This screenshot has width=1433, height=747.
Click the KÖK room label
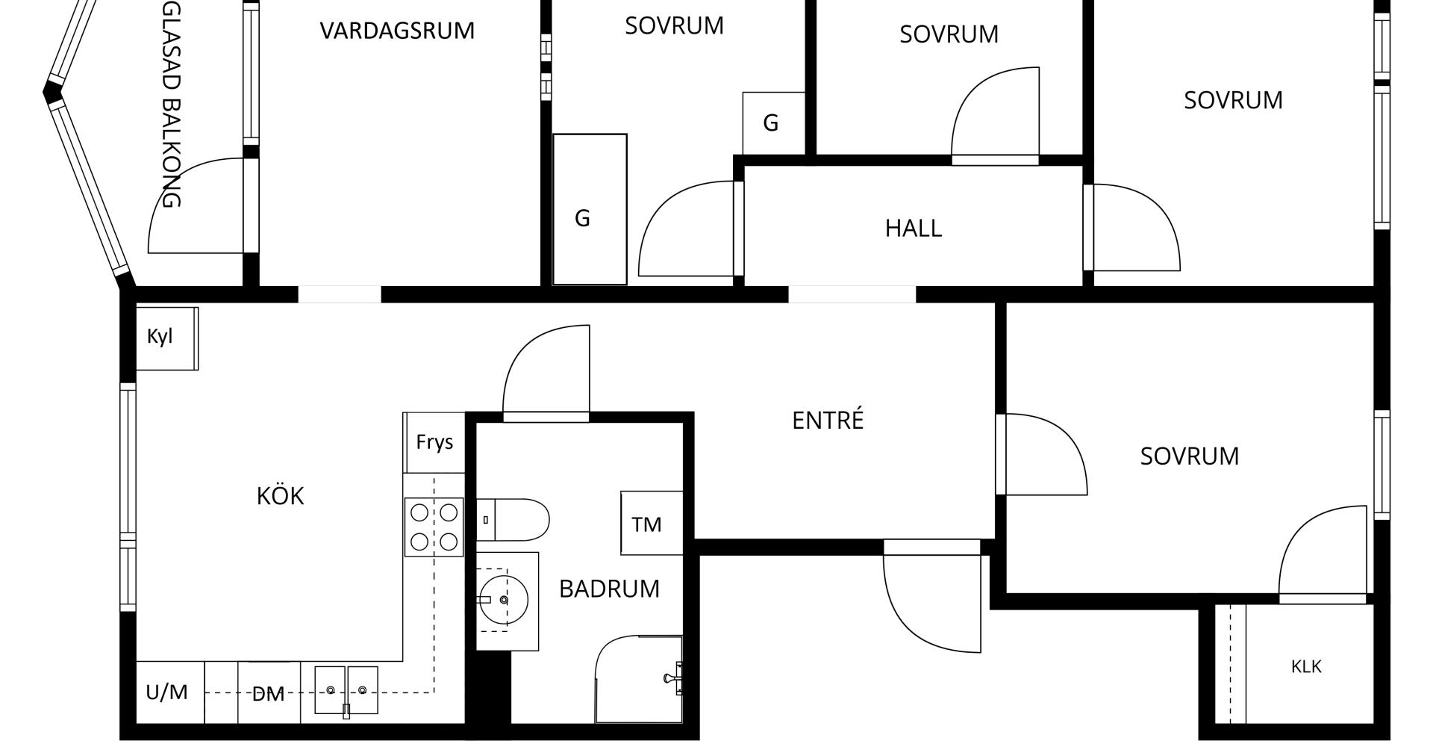pyautogui.click(x=280, y=495)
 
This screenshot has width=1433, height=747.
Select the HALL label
pyautogui.click(x=914, y=228)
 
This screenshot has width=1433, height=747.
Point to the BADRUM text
pyautogui.click(x=609, y=589)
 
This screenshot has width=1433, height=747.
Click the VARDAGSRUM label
pyautogui.click(x=397, y=31)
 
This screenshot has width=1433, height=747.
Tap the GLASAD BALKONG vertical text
pyautogui.click(x=171, y=104)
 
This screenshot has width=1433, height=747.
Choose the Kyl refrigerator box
pyautogui.click(x=166, y=338)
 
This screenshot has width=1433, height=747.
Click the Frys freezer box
pyautogui.click(x=434, y=442)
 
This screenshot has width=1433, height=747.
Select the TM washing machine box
pyautogui.click(x=652, y=523)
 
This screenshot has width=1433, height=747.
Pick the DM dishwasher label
pyautogui.click(x=268, y=694)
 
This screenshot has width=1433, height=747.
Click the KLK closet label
pyautogui.click(x=1306, y=666)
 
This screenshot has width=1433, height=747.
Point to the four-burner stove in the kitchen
pyautogui.click(x=434, y=527)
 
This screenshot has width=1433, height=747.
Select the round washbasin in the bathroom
pyautogui.click(x=504, y=599)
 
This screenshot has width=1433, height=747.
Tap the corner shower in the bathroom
pyautogui.click(x=639, y=679)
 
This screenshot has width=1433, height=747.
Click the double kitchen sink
pyautogui.click(x=346, y=691)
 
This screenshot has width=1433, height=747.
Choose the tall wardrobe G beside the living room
pyautogui.click(x=590, y=209)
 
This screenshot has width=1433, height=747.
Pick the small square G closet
pyautogui.click(x=774, y=123)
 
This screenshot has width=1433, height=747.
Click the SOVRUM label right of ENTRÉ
pyautogui.click(x=1190, y=456)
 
